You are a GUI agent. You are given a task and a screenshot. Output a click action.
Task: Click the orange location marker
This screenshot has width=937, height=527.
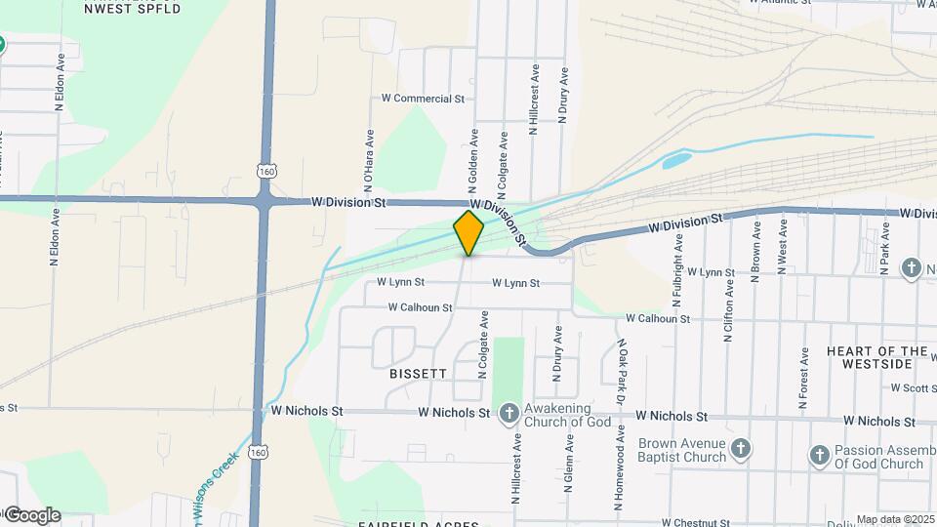pos(469,232)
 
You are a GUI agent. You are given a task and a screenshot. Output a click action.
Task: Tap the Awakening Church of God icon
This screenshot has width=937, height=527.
pos(509,414)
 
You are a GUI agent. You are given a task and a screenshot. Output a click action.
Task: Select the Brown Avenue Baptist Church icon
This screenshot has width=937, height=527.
pos(741,449)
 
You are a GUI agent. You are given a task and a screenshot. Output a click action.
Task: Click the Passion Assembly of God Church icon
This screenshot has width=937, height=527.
pos(819,456)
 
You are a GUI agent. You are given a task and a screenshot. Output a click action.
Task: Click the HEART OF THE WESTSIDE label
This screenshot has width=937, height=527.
pos(876,357)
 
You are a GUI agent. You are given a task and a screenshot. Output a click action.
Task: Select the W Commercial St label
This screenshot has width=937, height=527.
pos(423,99)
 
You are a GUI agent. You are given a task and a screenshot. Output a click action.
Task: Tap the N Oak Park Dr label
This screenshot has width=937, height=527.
pos(621,371)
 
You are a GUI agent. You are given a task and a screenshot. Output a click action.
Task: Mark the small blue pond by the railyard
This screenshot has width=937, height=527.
pos(676,159)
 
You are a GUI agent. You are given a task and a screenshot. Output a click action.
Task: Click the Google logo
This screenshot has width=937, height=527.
pos(31,515)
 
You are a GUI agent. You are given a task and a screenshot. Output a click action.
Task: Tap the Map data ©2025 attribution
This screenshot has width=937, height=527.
pos(894,519)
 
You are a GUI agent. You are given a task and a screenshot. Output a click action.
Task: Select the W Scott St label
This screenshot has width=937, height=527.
pos(913,387)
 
